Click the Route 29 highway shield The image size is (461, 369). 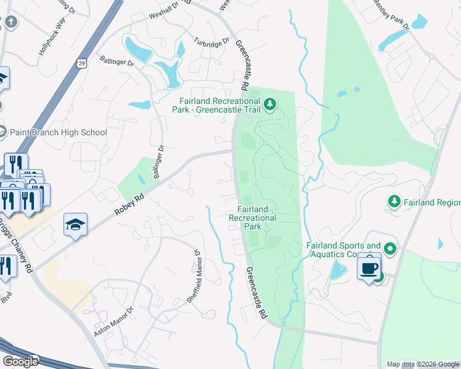[x=82, y=63]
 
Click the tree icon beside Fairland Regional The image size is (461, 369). [x=393, y=201]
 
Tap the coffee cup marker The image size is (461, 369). [x=369, y=268]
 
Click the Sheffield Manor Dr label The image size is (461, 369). [x=196, y=276]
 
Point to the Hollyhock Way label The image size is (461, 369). [x=52, y=41]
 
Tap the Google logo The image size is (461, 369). [x=20, y=361]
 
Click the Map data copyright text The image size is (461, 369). [x=423, y=364]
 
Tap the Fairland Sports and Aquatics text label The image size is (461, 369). [x=343, y=250]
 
